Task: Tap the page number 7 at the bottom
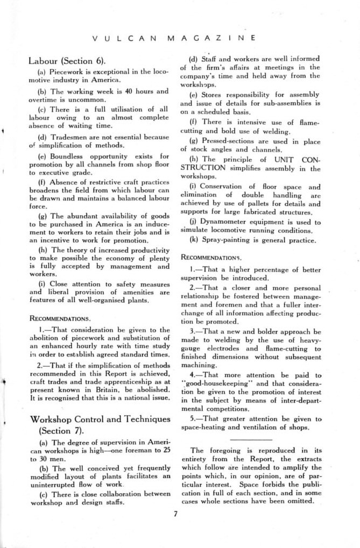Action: [176, 513]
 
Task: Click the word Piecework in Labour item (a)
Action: [66, 71]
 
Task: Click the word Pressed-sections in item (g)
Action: [224, 141]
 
